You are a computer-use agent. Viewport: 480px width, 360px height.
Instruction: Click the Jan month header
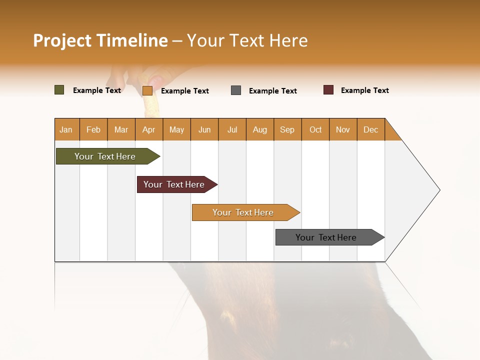click(66, 129)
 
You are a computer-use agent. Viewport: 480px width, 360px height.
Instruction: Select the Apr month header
click(148, 129)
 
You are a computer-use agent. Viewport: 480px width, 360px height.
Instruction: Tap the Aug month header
click(259, 129)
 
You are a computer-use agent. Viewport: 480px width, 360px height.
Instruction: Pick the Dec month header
click(370, 129)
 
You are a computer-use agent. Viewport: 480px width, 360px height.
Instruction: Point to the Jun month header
click(204, 129)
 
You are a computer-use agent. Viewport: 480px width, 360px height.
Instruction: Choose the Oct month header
click(315, 129)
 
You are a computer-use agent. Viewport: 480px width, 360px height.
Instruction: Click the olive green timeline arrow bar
click(105, 156)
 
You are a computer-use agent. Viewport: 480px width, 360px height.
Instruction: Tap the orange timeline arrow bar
click(243, 212)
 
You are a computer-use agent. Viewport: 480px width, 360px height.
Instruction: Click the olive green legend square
click(59, 90)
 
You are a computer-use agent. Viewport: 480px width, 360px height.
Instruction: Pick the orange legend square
click(147, 90)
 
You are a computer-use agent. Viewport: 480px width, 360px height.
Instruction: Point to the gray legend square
click(236, 90)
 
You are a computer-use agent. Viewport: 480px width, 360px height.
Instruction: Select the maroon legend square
click(328, 90)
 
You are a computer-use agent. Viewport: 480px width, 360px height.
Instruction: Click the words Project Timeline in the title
click(100, 40)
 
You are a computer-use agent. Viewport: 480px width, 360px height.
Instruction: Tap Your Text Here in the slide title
click(247, 40)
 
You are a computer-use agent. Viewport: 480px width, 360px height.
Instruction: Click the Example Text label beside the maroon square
click(364, 90)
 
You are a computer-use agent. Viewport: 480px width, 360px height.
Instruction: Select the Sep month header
click(287, 129)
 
